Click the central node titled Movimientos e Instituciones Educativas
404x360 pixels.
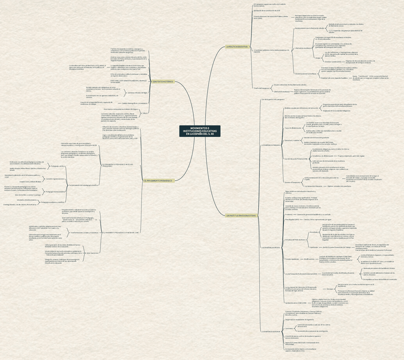tap(199, 131)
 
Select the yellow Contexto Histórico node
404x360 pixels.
tap(162, 82)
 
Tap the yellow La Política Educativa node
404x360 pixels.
tap(236, 47)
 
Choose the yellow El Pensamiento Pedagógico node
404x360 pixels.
tap(158, 181)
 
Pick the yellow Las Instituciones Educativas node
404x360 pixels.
tap(241, 216)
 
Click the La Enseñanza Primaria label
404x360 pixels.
tap(270, 144)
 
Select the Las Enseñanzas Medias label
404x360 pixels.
tap(270, 248)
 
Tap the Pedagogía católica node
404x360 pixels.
tap(58, 166)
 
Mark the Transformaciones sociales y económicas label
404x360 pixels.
tap(84, 233)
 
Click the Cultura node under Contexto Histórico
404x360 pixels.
tap(145, 113)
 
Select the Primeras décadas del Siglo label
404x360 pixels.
tap(138, 93)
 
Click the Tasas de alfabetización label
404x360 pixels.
tap(293, 128)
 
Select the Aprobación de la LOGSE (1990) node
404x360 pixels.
tap(296, 303)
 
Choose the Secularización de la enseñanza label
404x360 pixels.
tap(306, 74)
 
